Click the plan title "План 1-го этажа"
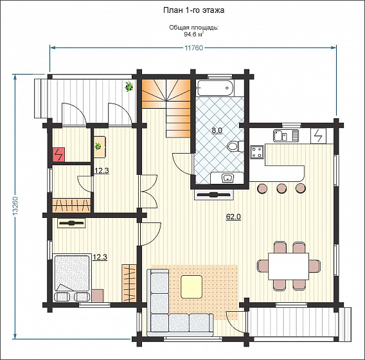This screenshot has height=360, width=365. pyautogui.click(x=193, y=10)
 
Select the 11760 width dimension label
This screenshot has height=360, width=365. pyautogui.click(x=193, y=48)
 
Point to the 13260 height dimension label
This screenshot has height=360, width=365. pyautogui.click(x=15, y=208)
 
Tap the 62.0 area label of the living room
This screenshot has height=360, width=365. pyautogui.click(x=233, y=217)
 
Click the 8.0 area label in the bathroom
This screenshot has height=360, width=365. pyautogui.click(x=217, y=130)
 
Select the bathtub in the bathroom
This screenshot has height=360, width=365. pyautogui.click(x=215, y=88)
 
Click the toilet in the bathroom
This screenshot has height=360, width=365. pyautogui.click(x=235, y=146)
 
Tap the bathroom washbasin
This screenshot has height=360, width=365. pyautogui.click(x=228, y=178)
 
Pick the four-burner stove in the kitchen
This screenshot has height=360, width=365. pyautogui.click(x=257, y=152)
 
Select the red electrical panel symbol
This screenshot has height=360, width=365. pyautogui.click(x=58, y=154)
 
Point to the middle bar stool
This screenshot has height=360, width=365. pyautogui.click(x=281, y=188)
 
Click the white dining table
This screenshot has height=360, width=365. pyautogui.click(x=289, y=266)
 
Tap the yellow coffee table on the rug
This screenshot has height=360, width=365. pyautogui.click(x=191, y=287)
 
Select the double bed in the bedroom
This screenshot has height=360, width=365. pyautogui.click(x=72, y=277)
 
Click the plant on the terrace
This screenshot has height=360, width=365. pyautogui.click(x=129, y=86)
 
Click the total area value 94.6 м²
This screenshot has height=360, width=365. pyautogui.click(x=194, y=35)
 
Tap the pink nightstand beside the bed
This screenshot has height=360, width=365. pyautogui.click(x=98, y=296)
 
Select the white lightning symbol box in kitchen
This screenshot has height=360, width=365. pyautogui.click(x=319, y=136)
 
